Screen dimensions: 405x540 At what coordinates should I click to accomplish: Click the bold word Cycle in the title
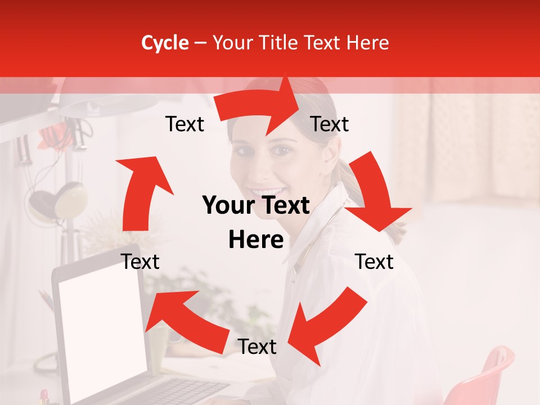point(165,43)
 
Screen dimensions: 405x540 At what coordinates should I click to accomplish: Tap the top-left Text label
point(184,124)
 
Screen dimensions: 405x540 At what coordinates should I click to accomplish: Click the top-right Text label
point(330,124)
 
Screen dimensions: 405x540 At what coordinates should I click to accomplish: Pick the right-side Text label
point(374,262)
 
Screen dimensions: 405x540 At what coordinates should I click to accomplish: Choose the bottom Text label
point(256,346)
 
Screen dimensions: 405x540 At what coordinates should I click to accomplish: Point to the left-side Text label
point(140,262)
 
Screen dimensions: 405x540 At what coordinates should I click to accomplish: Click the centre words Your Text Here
point(256,223)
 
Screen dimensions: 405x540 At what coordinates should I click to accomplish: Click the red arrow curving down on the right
point(374,191)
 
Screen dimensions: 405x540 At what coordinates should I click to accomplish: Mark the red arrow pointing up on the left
point(141,191)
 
